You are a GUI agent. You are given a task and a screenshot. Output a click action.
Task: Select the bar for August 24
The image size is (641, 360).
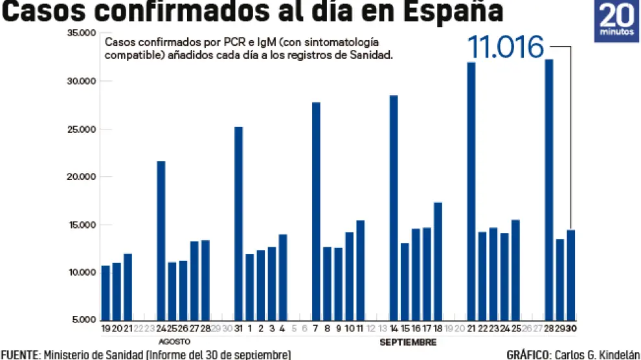[x=161, y=240]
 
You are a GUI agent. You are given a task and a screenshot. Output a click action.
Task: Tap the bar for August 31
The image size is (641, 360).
[x=238, y=223]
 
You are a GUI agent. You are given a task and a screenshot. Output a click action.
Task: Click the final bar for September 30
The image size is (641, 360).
[x=571, y=275]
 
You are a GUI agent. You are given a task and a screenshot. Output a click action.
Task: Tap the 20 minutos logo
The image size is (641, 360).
[x=616, y=21]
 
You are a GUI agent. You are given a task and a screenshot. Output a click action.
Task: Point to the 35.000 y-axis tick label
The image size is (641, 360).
[x=81, y=33]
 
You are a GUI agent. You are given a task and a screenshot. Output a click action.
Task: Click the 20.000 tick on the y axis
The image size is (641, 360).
[x=81, y=177]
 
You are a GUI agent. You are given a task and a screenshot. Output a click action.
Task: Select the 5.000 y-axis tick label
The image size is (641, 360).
[x=83, y=320]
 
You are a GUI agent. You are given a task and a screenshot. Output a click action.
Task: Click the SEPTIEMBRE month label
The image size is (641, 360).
[x=407, y=341]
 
